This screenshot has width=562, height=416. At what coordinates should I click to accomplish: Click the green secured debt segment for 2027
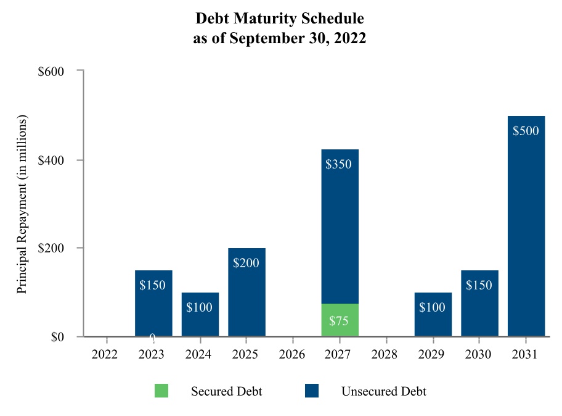340,320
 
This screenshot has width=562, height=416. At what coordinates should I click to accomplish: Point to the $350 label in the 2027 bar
340,165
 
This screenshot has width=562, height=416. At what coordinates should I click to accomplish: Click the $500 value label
526,131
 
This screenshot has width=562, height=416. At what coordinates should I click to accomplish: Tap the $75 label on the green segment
340,321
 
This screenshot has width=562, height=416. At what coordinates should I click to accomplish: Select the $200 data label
246,263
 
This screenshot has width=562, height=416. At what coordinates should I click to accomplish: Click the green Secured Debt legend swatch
161,391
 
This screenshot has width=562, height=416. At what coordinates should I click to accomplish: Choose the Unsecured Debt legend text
384,391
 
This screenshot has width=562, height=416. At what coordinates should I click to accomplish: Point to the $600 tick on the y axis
52,72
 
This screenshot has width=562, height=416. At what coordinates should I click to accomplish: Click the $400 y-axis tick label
52,160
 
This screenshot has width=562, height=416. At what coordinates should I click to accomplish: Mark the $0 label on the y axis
58,337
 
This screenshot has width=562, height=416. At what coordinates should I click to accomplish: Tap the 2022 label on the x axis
107,355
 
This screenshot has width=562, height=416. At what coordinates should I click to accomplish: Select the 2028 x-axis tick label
386,355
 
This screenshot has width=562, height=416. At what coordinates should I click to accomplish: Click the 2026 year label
293,355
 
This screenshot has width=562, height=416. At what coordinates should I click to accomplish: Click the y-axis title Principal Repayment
22,204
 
